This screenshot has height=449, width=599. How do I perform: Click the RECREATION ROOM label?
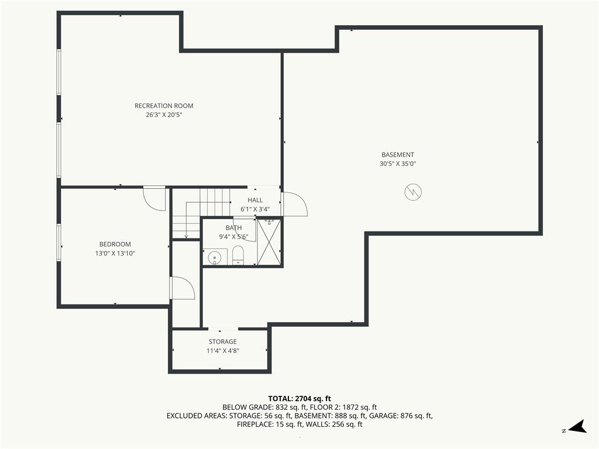click(x=164, y=106)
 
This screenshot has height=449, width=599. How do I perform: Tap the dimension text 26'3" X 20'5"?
click(x=164, y=115)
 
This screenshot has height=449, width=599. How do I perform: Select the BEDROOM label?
click(x=115, y=244)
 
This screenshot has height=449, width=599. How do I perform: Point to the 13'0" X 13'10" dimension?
click(x=115, y=254)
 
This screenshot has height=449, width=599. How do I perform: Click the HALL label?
click(x=255, y=200)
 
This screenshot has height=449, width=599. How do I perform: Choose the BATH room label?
click(x=233, y=228)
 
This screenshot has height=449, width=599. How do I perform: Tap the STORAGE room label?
click(x=223, y=341)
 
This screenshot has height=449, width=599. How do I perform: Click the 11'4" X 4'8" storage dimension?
click(x=223, y=351)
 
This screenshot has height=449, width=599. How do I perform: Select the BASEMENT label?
click(x=398, y=154)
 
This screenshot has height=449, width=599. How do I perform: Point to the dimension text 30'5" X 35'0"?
click(x=398, y=164)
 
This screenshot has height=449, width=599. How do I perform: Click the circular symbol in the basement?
click(x=413, y=192)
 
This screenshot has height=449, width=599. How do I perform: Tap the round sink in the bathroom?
click(x=215, y=258)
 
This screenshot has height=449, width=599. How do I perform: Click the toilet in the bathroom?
click(x=238, y=255)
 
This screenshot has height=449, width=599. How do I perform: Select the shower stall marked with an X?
click(x=269, y=241)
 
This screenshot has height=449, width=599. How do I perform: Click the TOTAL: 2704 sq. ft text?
click(x=299, y=399)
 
